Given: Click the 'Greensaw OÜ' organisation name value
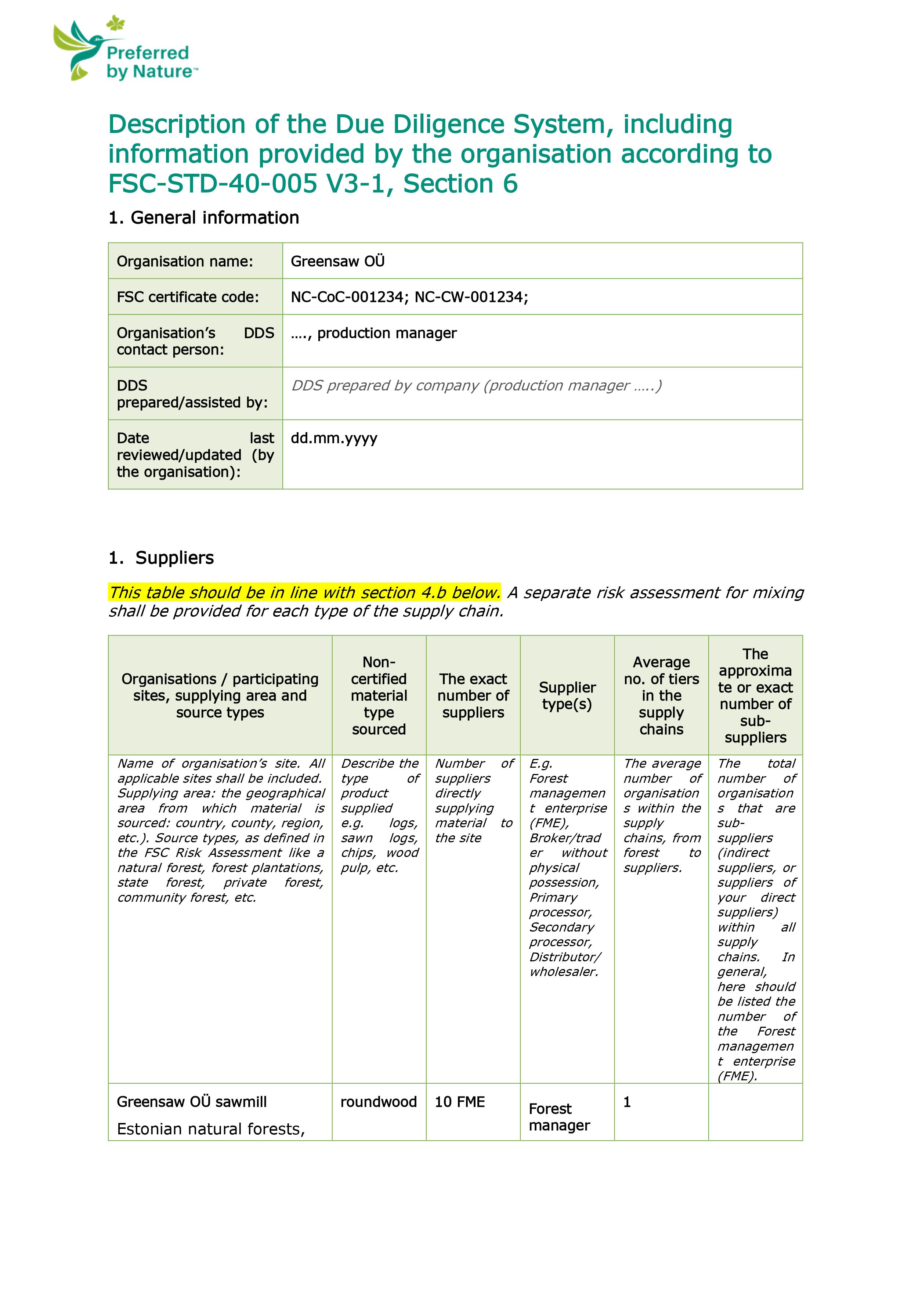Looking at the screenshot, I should click(x=337, y=261).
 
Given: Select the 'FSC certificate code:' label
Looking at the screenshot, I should click(x=188, y=297).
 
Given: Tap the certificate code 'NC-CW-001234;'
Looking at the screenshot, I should click(x=471, y=297).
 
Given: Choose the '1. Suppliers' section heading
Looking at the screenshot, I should click(x=161, y=558).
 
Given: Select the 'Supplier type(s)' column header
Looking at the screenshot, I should click(x=567, y=696).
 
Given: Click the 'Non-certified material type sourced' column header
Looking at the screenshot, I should click(x=379, y=696).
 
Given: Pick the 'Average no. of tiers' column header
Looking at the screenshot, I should click(x=661, y=696).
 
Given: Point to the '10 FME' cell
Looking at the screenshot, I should click(x=460, y=1102).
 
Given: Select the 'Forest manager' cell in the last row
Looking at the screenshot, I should click(x=559, y=1117).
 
